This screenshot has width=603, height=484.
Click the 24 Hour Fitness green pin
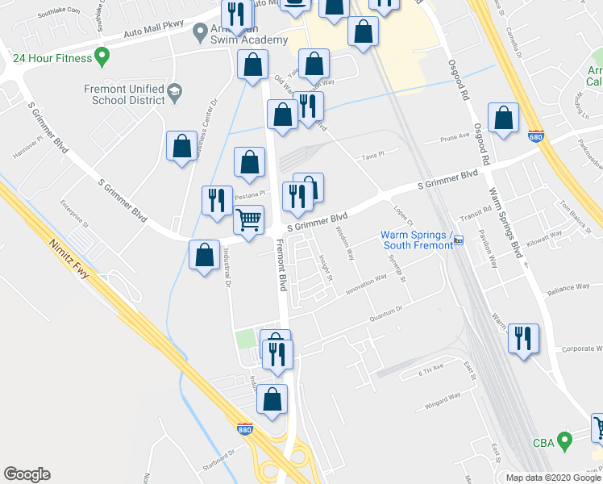[x=102, y=57]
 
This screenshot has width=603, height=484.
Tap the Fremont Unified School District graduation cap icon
[x=173, y=96]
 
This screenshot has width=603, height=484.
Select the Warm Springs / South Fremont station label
[x=412, y=240]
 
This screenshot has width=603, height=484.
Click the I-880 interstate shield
[x=245, y=431]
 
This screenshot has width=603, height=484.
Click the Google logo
[x=27, y=474]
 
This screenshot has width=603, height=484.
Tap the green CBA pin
[x=564, y=441]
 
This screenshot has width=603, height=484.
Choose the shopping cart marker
[x=249, y=219]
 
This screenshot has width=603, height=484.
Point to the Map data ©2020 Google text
[x=553, y=477]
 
